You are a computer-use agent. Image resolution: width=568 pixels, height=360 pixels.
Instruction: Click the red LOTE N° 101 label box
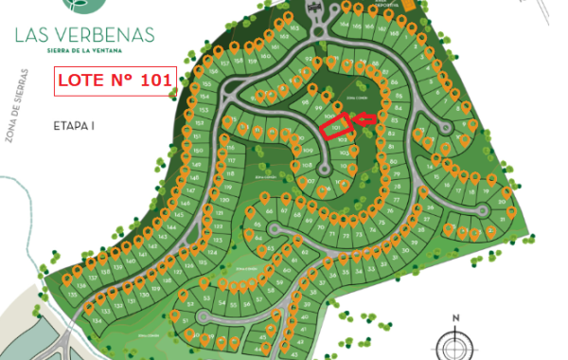(x=114, y=81)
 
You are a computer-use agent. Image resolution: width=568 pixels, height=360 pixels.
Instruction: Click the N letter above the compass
(x=455, y=318)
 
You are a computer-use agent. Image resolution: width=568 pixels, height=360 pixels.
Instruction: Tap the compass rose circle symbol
(x=455, y=343)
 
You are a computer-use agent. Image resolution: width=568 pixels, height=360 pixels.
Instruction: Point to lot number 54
(x=221, y=304)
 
